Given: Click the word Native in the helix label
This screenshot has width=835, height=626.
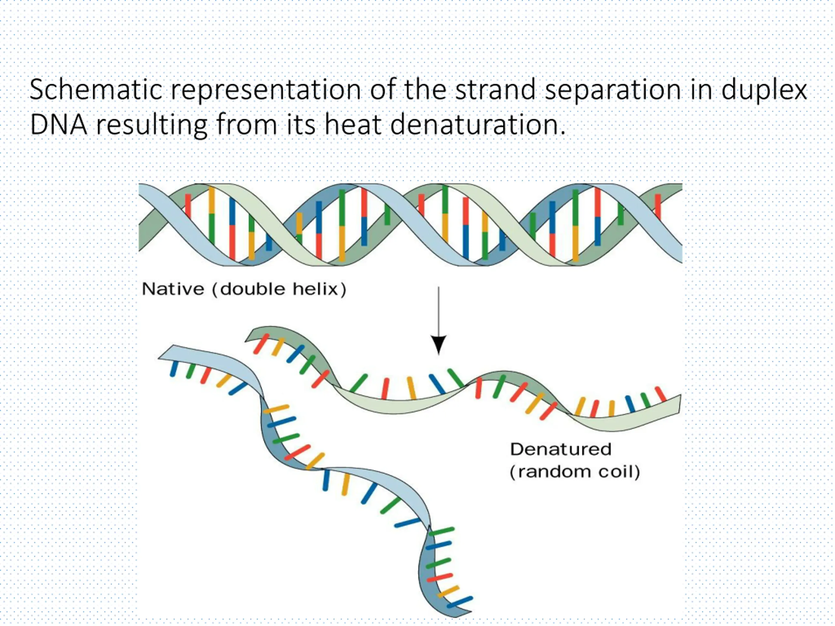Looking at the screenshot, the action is coord(173,290).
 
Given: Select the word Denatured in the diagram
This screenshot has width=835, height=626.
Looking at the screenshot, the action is coord(561,449).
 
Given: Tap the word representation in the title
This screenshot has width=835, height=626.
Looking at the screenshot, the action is coord(266,91).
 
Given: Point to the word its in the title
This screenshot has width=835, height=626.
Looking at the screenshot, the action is coord(300,125).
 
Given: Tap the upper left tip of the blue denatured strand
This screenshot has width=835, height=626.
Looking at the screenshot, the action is coord(160,357).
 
